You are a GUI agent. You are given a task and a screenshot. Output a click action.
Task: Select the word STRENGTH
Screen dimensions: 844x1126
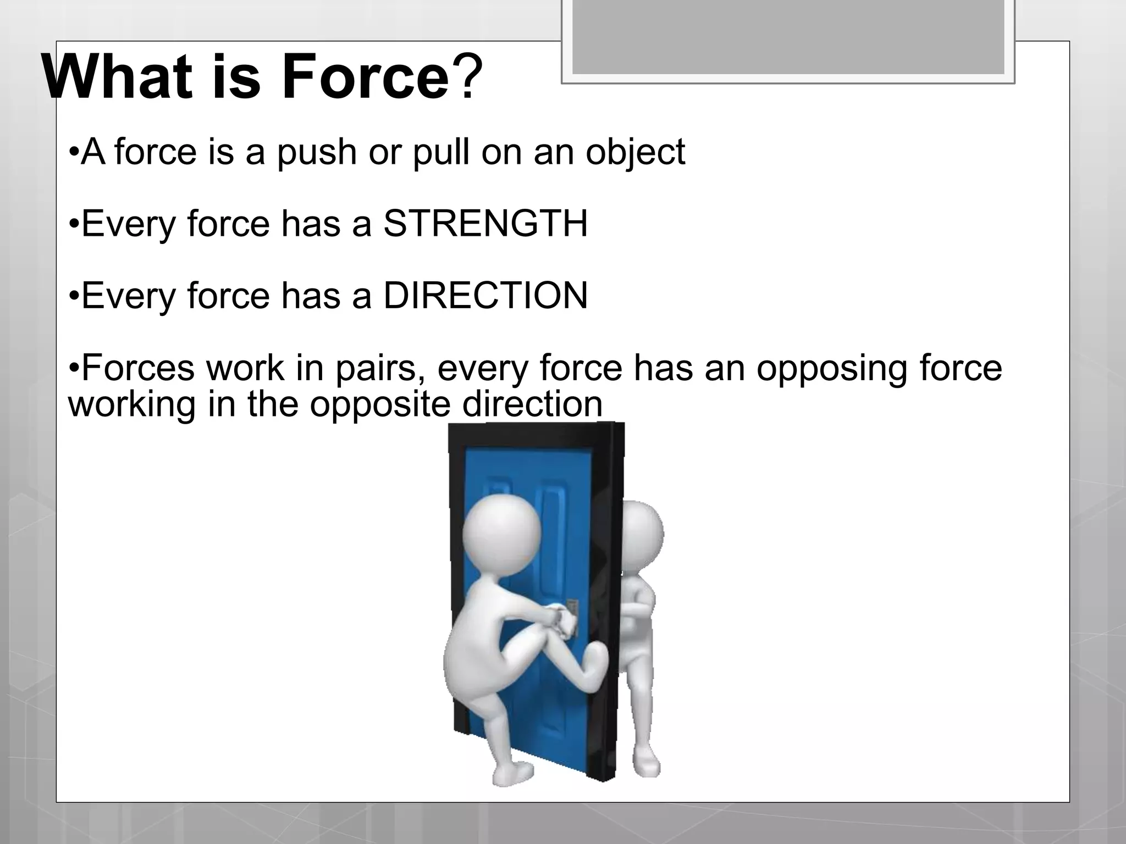(x=485, y=224)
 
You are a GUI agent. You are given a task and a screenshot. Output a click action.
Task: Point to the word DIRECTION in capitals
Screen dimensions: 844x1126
(x=485, y=296)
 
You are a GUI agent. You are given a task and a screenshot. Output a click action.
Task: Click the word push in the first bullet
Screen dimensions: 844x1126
(x=316, y=152)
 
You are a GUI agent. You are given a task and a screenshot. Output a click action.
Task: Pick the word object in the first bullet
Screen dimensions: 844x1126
(x=635, y=152)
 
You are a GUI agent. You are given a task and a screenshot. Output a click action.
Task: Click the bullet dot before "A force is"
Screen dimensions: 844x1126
(x=74, y=152)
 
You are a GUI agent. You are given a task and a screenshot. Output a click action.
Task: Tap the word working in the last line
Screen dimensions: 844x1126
(x=132, y=404)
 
